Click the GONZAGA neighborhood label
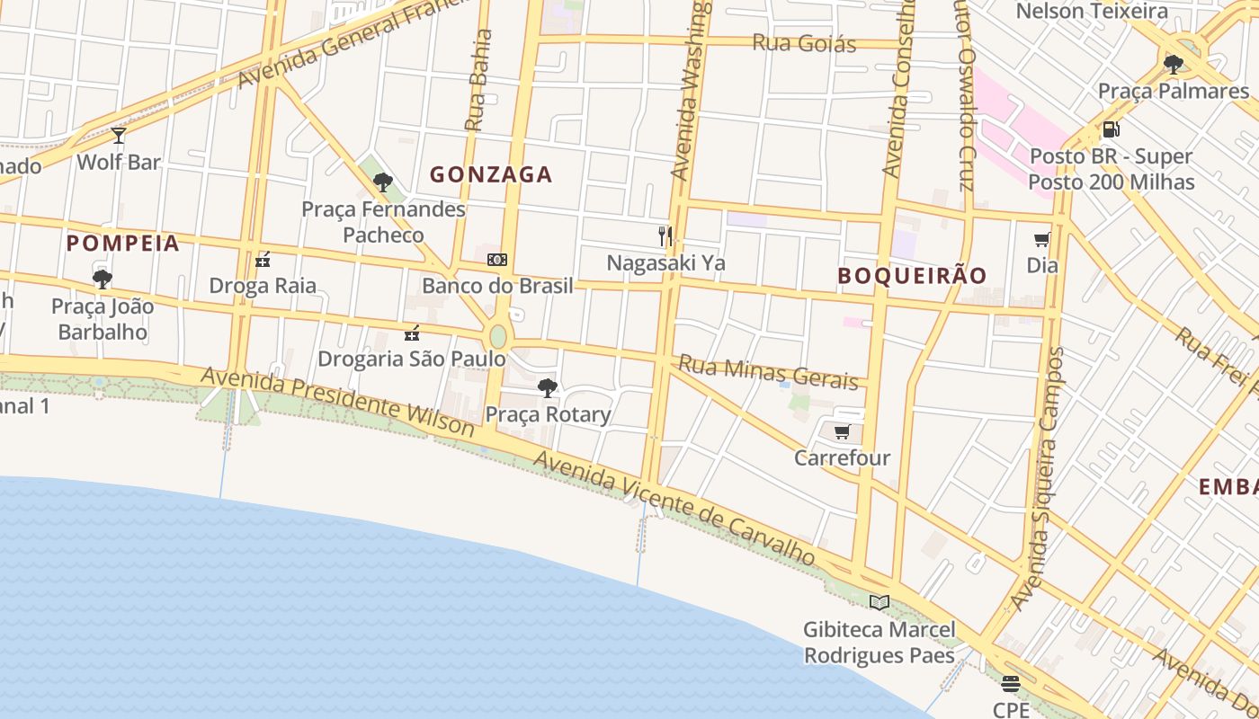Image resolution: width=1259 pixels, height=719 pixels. (x=491, y=174)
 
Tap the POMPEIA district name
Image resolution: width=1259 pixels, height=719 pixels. (x=123, y=243)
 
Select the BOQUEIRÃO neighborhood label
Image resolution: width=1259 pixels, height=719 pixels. (x=912, y=275)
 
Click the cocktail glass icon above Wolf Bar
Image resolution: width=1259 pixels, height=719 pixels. (x=119, y=136)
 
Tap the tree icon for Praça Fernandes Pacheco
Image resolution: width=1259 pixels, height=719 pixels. (x=383, y=182)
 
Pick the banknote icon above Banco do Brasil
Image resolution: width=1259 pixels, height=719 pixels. (x=497, y=260)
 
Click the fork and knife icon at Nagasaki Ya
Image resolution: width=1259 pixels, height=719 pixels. (x=665, y=236)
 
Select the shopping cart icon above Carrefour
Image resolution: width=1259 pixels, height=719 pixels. (x=842, y=432)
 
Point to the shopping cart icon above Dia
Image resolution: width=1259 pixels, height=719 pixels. (x=1042, y=239)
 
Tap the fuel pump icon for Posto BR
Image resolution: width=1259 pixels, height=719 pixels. (x=1112, y=129)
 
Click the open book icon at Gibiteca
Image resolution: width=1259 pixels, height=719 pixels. (x=880, y=603)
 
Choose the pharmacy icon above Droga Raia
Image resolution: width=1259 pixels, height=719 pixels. (x=263, y=260)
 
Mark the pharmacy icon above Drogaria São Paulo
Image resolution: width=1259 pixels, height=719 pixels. (x=412, y=333)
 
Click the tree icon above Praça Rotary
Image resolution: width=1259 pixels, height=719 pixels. (x=548, y=388)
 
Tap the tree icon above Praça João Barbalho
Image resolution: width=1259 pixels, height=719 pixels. (x=103, y=279)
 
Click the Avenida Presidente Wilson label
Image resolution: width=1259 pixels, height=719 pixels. (x=337, y=402)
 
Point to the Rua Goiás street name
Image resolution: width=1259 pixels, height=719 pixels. (x=804, y=42)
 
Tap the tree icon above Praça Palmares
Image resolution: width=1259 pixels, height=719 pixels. (x=1174, y=64)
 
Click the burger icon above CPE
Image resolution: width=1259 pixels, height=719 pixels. (x=1011, y=684)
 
